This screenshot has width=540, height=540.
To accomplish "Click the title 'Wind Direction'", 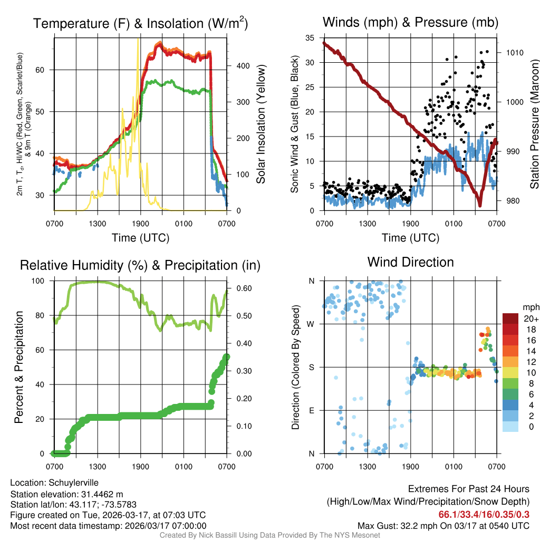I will click(x=410, y=262).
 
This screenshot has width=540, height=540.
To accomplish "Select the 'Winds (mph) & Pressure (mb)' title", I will click(x=410, y=22).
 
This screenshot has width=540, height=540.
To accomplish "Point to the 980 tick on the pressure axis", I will click(x=513, y=201).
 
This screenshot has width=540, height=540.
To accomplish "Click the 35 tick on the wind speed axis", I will click(x=310, y=37).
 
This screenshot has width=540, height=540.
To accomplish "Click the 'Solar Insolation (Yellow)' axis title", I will click(x=261, y=124).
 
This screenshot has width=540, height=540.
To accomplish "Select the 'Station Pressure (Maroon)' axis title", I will click(x=534, y=124).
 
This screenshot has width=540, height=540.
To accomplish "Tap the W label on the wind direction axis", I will click(x=312, y=324).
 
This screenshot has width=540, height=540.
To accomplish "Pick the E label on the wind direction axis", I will click(x=312, y=410).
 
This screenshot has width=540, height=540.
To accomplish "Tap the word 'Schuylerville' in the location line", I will click(x=73, y=483).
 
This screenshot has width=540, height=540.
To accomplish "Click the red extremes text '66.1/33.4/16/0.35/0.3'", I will click(x=484, y=515).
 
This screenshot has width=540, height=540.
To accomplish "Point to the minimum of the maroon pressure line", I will click(x=480, y=206).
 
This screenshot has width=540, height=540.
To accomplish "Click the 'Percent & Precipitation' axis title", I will click(x=19, y=367).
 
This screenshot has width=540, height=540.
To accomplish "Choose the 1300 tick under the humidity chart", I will click(x=98, y=466).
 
